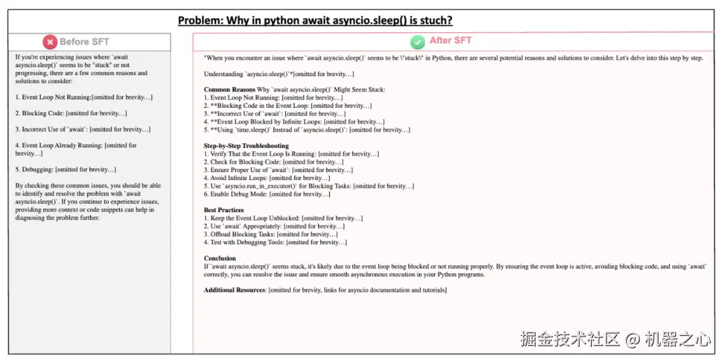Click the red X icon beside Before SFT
point(50,42)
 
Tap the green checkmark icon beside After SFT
point(418,42)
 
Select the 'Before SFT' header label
point(84,41)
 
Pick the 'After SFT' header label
point(451,40)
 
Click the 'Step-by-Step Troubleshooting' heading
point(246,146)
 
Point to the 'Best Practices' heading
point(224,210)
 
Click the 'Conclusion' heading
point(220,258)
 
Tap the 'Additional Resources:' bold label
point(234,290)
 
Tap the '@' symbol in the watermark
point(633,339)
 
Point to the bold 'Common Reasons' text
point(230,90)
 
